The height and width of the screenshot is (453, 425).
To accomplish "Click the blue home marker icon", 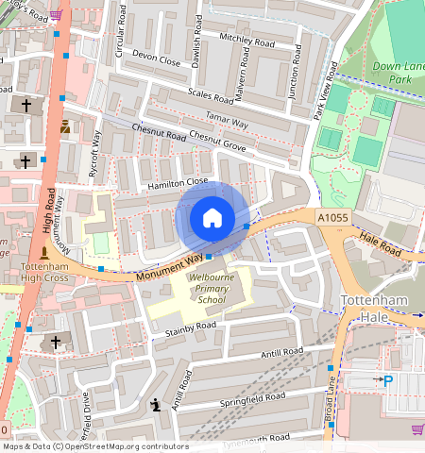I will click(x=212, y=219).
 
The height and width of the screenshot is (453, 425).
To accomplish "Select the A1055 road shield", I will click(x=332, y=218).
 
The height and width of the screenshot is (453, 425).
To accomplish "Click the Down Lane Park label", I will click(x=398, y=73).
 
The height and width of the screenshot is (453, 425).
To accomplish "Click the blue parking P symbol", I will click(x=387, y=380).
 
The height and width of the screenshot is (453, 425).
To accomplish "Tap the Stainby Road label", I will click(x=191, y=327).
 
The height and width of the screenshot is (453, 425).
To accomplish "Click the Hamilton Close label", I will click(x=178, y=184).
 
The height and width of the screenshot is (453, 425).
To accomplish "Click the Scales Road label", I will click(x=211, y=94).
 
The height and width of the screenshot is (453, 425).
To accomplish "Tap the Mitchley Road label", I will click(x=246, y=40).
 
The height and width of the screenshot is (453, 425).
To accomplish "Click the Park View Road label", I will click(x=324, y=91).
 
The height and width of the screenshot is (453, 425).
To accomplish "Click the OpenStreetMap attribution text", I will click(x=94, y=446).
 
